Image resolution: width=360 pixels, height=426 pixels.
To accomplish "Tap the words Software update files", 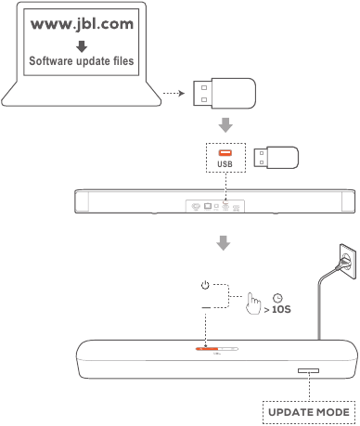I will coord(81,62).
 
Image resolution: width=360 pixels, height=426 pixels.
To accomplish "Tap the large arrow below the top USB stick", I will coord(223,124).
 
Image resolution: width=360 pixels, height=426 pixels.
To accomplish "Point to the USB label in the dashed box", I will coord(223,164).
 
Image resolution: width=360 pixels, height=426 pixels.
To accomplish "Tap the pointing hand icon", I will coord(247,304).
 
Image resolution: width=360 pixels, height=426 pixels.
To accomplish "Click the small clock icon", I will coord(276,297).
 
